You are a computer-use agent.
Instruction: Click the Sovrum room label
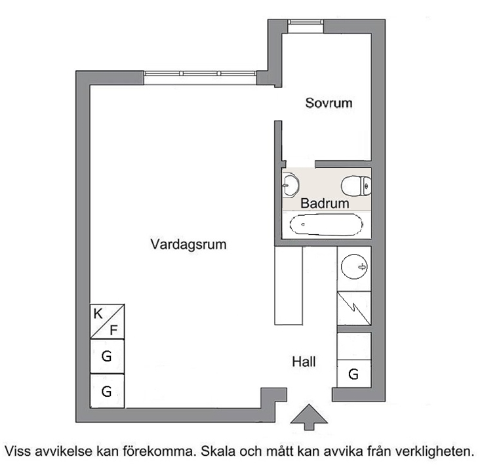(x=329, y=103)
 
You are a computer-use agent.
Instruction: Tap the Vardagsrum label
(x=188, y=245)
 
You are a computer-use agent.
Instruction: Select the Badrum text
(x=325, y=203)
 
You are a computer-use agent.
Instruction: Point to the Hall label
(x=304, y=361)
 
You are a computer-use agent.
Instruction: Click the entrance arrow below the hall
(x=309, y=417)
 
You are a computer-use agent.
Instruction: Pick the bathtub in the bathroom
(x=327, y=224)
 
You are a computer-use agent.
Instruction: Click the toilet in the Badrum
(x=356, y=186)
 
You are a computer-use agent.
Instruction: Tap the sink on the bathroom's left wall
(x=290, y=184)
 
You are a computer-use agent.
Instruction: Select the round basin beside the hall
(x=354, y=266)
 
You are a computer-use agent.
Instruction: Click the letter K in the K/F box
(x=98, y=314)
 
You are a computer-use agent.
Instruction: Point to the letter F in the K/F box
(x=113, y=331)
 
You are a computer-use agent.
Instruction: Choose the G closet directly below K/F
(x=107, y=356)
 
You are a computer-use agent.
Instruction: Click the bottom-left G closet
(x=107, y=391)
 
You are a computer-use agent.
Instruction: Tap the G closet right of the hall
(x=354, y=374)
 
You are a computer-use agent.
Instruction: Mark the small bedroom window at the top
(x=306, y=26)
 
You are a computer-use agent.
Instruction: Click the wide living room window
(x=200, y=77)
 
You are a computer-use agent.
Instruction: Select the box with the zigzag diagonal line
(x=354, y=308)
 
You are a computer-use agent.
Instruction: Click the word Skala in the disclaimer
(x=218, y=451)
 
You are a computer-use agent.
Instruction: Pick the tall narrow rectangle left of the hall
(x=289, y=285)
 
